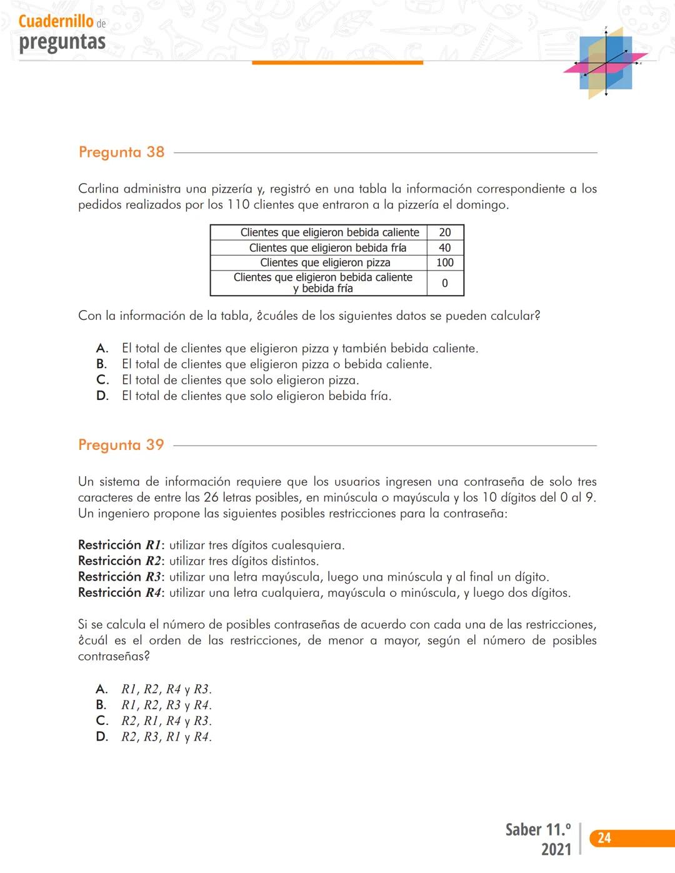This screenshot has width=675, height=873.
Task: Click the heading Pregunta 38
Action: (121, 152)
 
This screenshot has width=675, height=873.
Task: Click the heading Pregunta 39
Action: (121, 445)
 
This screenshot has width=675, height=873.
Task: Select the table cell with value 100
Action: (445, 262)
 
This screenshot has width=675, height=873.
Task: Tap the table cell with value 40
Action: (445, 247)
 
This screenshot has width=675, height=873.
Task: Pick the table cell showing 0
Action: (445, 283)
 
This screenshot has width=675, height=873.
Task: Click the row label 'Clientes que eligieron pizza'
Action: (325, 262)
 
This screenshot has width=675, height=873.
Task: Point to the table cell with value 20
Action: (445, 232)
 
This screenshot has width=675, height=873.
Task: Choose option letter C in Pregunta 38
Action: (102, 380)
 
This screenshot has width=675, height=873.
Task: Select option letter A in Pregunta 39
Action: (102, 689)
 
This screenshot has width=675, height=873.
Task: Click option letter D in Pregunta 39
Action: (102, 737)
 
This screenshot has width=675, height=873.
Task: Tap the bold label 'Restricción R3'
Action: (119, 577)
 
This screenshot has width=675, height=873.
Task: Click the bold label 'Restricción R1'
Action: (119, 545)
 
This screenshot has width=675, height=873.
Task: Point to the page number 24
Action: (604, 838)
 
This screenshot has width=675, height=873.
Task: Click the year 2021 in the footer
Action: (556, 849)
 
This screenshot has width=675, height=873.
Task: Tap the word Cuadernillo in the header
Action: (56, 21)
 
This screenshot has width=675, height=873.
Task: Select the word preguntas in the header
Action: (62, 42)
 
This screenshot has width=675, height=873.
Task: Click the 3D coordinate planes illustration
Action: (606, 62)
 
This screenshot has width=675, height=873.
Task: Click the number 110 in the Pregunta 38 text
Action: (238, 205)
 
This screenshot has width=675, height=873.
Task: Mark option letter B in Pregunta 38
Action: (102, 364)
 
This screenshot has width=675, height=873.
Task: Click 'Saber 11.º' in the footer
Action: (538, 830)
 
